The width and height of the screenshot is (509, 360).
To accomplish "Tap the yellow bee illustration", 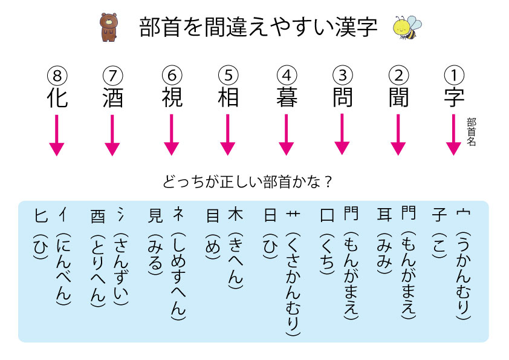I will [405, 27].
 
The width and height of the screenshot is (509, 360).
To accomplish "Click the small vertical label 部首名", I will [472, 132].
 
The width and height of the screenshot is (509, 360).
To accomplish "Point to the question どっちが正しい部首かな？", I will [248, 181].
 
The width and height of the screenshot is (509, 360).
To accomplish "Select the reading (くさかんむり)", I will [294, 284].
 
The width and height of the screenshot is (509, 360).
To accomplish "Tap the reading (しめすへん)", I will [178, 275].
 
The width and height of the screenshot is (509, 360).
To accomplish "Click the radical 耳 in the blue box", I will [383, 215].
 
